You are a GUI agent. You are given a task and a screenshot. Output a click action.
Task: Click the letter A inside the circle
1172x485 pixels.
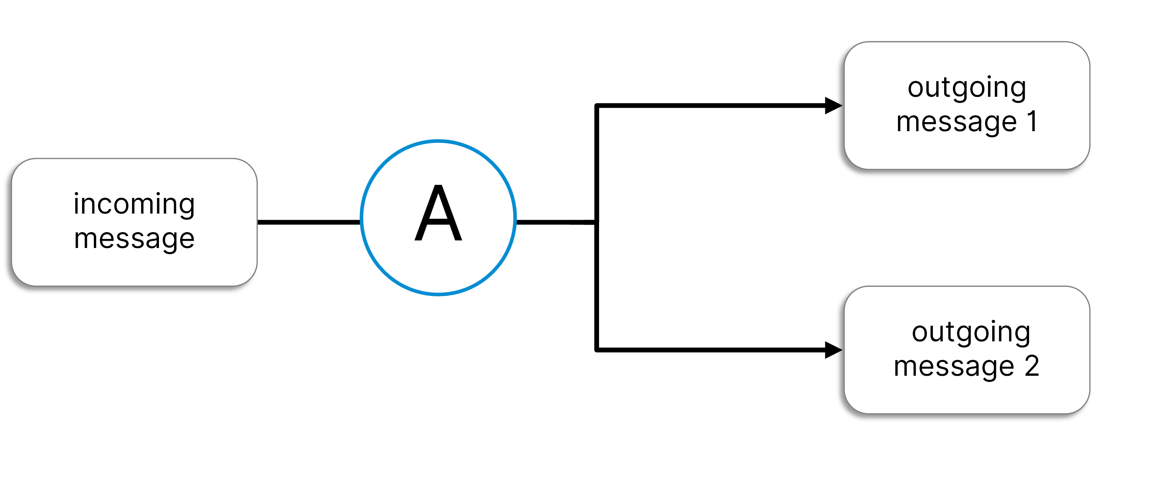coord(438,214)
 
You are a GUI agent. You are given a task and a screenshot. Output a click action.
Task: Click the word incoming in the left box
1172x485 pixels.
coord(134,204)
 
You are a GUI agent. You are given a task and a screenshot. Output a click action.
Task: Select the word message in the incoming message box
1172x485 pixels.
coord(134,239)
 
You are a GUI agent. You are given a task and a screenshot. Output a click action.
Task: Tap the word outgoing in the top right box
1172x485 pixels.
coord(967,87)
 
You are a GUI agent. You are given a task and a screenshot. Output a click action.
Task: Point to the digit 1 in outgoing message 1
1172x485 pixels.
coord(1032,121)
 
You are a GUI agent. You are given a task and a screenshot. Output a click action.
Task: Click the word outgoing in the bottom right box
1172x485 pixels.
coord(971,332)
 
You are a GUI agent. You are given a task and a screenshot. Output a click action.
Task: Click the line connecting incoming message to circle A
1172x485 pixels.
coord(308,222)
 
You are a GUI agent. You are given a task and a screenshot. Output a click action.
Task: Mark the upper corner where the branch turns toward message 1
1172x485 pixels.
coord(596,106)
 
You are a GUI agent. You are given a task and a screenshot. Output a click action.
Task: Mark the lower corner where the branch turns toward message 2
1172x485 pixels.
coord(596,350)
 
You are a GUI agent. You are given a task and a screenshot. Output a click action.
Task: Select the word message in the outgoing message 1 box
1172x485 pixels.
coord(956,122)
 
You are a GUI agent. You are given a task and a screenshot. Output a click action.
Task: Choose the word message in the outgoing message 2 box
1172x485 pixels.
coord(954,366)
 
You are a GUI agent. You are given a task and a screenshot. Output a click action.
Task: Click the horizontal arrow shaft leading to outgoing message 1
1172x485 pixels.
coord(710,105)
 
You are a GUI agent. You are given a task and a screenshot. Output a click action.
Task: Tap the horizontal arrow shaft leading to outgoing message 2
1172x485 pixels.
coord(710,350)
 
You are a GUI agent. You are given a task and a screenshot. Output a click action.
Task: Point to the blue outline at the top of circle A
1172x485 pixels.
coord(438,141)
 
